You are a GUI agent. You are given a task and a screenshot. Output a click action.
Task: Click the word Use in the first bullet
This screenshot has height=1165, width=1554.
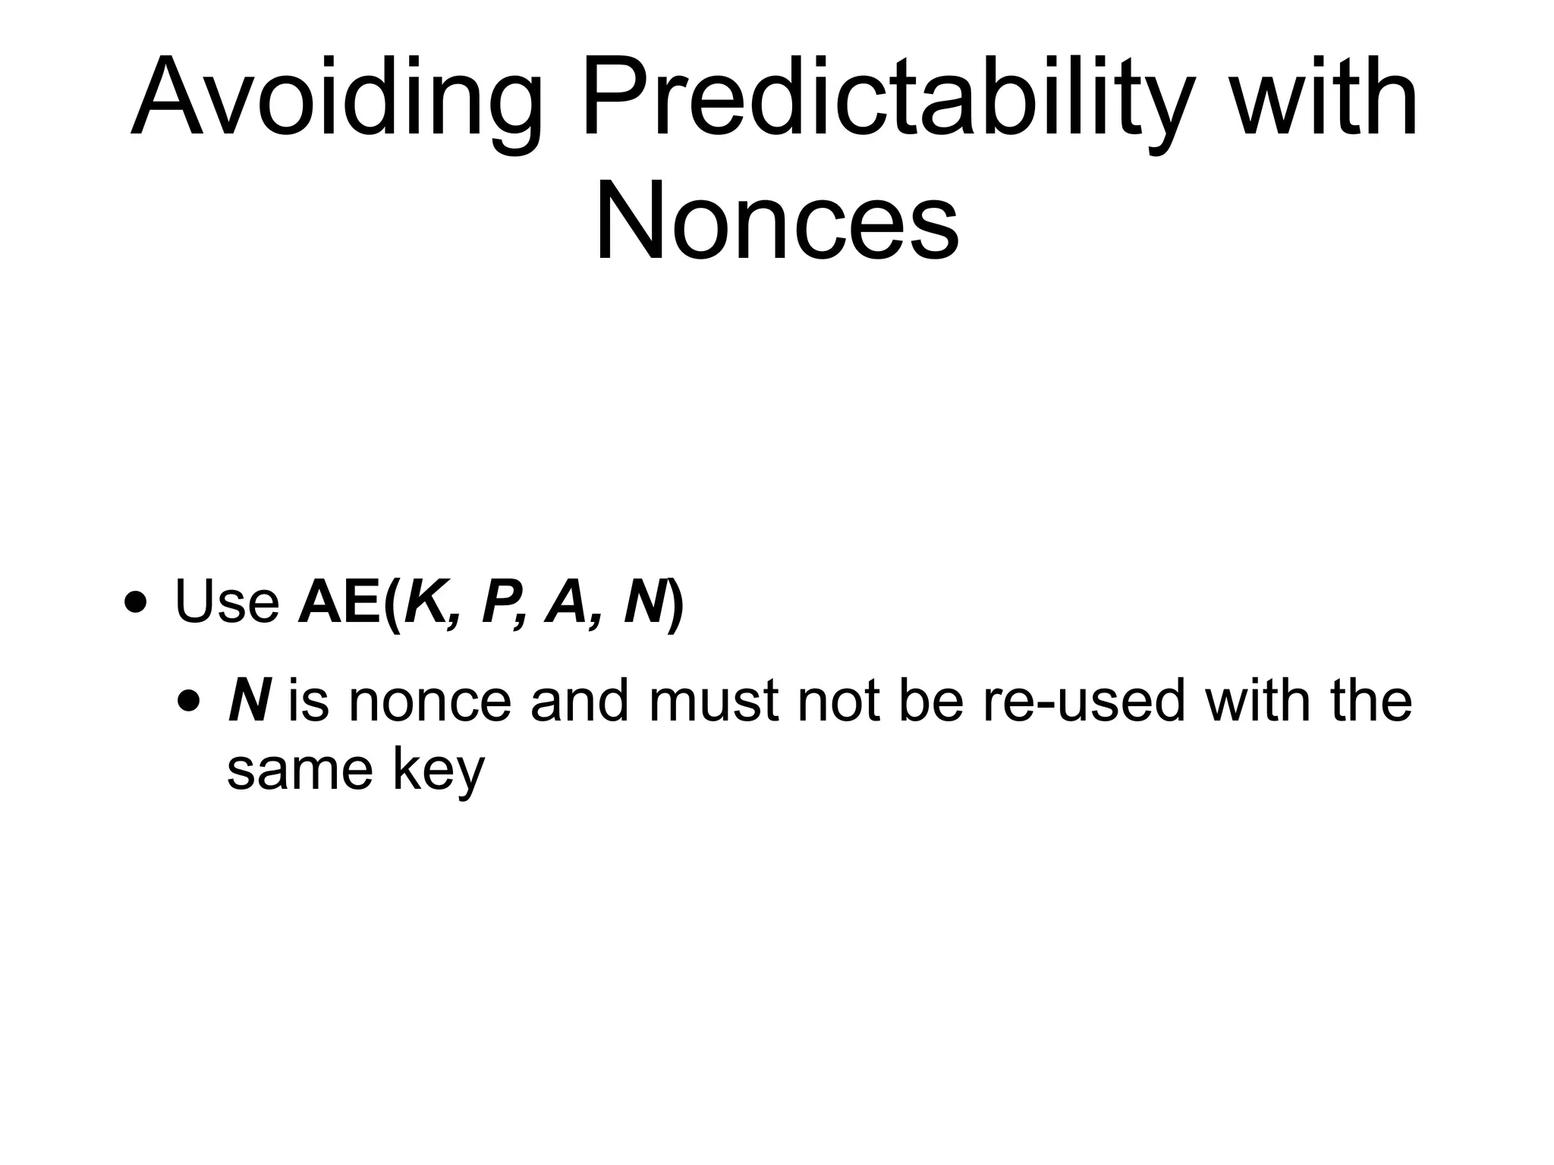[x=227, y=601]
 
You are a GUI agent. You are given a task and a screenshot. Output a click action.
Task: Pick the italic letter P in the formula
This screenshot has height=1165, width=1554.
[x=499, y=601]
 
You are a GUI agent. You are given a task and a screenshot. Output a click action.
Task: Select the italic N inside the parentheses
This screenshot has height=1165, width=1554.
[x=644, y=601]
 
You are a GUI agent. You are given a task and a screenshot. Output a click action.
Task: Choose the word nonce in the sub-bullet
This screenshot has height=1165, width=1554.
[x=429, y=702]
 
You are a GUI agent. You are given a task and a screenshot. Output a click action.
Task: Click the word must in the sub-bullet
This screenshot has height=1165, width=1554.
[x=714, y=702]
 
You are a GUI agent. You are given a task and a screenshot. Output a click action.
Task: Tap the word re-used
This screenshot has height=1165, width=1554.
[x=1084, y=702]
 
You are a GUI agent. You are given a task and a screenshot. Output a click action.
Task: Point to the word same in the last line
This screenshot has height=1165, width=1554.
[x=300, y=770]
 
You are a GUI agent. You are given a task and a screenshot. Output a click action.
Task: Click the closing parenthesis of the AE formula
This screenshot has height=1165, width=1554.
[x=675, y=603]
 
